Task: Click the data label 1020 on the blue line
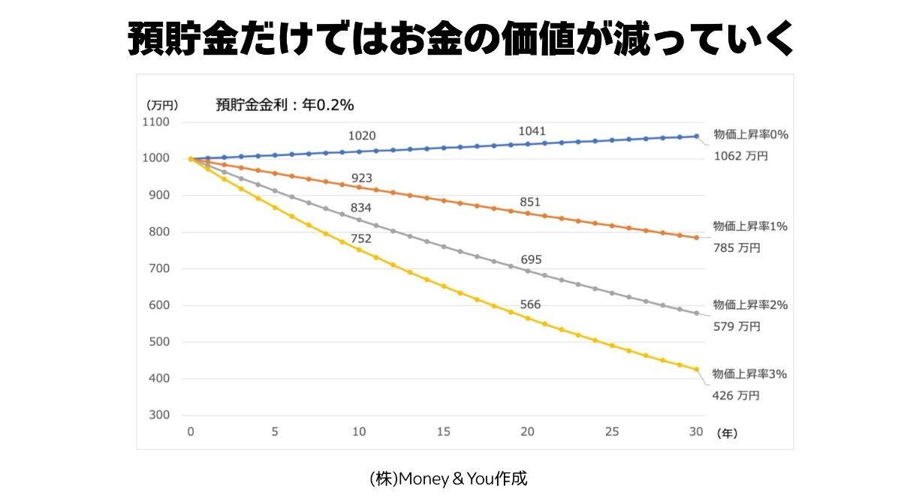[x=362, y=136]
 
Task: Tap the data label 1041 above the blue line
[x=532, y=131]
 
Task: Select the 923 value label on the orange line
[x=361, y=178]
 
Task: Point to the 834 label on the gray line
[x=361, y=207]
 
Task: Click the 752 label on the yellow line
[x=361, y=238]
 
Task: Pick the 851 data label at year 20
[x=529, y=202]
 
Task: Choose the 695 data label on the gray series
[x=531, y=259]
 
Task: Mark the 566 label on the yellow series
[x=530, y=304]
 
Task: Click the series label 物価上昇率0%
[x=749, y=135]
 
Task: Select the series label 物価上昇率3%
[x=749, y=373]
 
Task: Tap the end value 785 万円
[x=737, y=247]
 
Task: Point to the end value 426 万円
[x=737, y=395]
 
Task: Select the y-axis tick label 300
[x=158, y=415]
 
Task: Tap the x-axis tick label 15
[x=444, y=432]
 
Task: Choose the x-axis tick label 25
[x=612, y=432]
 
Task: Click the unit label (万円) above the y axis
[x=162, y=105]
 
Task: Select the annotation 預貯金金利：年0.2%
[x=285, y=105]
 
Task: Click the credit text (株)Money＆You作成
[x=448, y=478]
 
